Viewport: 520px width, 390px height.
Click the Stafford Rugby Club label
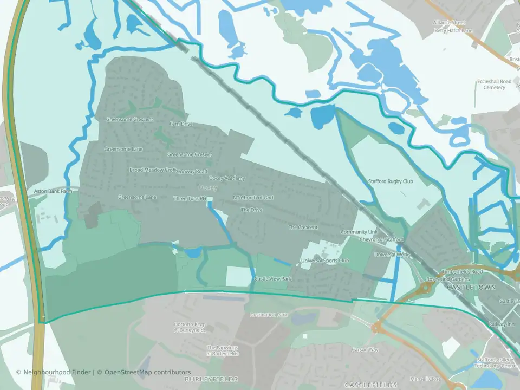pyautogui.click(x=391, y=181)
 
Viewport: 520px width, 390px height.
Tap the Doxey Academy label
pyautogui.click(x=227, y=178)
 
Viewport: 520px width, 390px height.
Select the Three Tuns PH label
pyautogui.click(x=190, y=198)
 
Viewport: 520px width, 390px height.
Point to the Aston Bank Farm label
pyautogui.click(x=53, y=191)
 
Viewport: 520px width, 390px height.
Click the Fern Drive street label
pyautogui.click(x=181, y=124)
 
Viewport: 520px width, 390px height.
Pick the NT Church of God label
pyautogui.click(x=252, y=198)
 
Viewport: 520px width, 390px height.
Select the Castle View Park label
pyautogui.click(x=273, y=278)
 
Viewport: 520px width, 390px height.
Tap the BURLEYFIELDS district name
pyautogui.click(x=211, y=379)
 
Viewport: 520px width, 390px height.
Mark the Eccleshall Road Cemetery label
pyautogui.click(x=494, y=84)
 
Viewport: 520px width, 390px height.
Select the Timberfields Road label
pyautogui.click(x=461, y=271)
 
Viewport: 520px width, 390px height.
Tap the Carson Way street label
pyautogui.click(x=365, y=350)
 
